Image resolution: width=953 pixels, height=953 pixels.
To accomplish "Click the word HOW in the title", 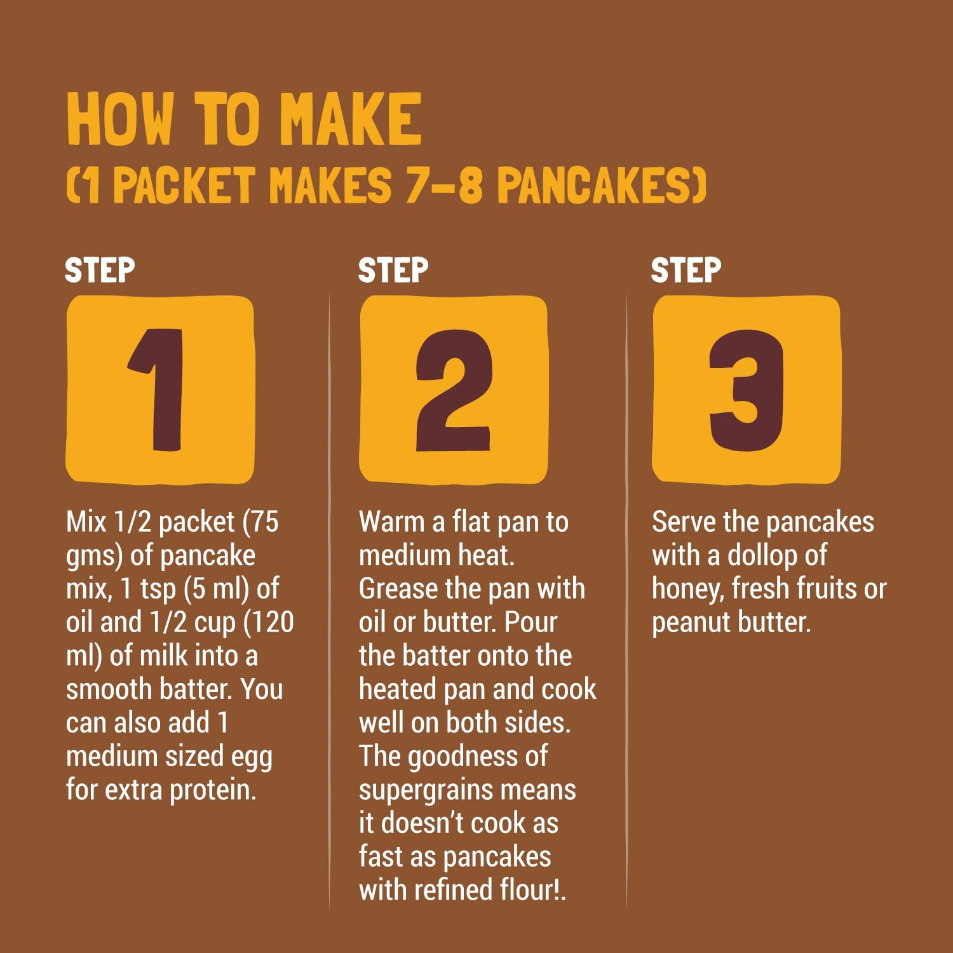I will (x=119, y=119).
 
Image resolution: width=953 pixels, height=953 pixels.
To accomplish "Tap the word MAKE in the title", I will (x=351, y=119).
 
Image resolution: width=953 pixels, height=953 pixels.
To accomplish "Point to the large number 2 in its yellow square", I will (x=454, y=389).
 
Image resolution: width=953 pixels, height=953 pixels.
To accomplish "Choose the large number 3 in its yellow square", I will (x=747, y=389).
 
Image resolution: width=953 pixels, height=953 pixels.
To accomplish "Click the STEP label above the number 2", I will (x=393, y=271).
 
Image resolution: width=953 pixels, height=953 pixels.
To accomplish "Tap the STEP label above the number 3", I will (x=686, y=271).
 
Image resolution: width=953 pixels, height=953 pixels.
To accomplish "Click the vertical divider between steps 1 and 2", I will (x=330, y=604).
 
